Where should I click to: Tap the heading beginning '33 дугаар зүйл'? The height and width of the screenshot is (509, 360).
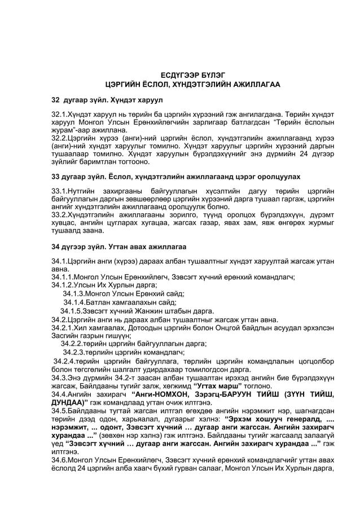click(x=175, y=177)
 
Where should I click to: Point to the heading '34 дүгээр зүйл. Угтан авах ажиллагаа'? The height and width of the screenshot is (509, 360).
click(x=119, y=247)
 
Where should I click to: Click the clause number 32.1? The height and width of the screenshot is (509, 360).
click(x=60, y=113)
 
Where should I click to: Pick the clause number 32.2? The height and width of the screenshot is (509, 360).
click(x=60, y=137)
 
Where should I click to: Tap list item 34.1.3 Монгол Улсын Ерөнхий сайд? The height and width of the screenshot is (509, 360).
click(x=124, y=293)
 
